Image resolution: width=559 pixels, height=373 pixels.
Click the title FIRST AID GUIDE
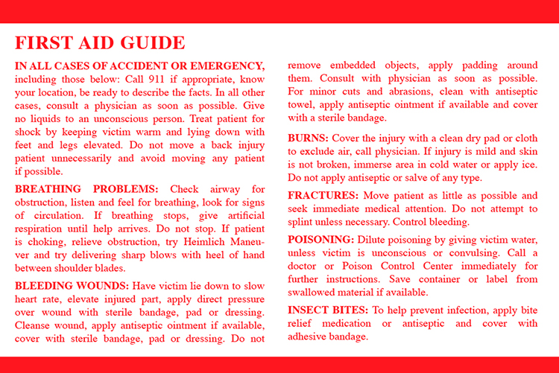point(100,43)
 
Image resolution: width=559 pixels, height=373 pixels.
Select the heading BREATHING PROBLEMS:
point(86,189)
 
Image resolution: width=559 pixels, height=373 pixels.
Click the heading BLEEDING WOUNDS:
point(72,286)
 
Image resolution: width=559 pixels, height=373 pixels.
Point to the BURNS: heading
point(308,138)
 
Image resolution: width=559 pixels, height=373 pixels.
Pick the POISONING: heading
point(320,240)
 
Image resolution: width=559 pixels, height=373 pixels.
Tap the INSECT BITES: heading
point(328,310)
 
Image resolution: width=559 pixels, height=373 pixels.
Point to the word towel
point(301,105)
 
